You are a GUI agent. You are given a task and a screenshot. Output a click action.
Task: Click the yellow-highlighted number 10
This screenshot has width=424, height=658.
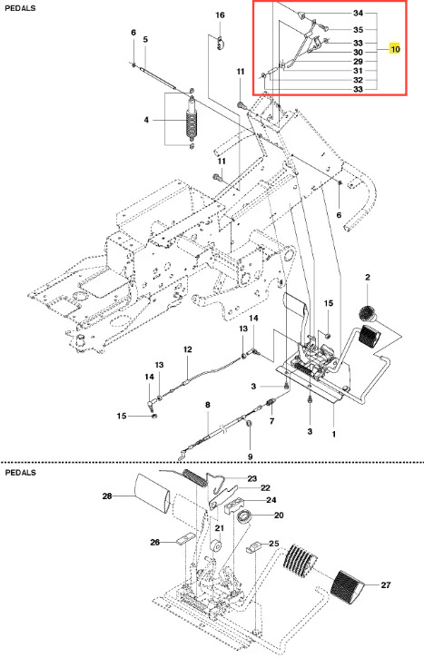[395, 49]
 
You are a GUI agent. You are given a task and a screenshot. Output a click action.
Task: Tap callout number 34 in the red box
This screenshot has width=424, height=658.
[358, 13]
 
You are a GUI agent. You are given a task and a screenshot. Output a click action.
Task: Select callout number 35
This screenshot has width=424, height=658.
[358, 30]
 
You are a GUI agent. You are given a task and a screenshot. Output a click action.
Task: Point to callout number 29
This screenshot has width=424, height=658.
[358, 62]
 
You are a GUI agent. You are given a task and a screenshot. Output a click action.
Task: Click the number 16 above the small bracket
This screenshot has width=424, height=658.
[220, 15]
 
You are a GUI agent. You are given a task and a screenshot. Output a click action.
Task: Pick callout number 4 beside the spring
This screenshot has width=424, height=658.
[146, 120]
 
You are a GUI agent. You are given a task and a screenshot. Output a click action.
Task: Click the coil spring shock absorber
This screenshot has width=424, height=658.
[192, 119]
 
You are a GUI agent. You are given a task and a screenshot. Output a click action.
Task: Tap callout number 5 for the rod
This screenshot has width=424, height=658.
[145, 40]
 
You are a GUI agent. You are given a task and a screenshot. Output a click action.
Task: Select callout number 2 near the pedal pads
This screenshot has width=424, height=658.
[368, 278]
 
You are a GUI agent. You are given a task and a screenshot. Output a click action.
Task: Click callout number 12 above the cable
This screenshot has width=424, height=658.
[187, 349]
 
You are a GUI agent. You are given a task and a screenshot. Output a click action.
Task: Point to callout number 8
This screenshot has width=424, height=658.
[207, 405]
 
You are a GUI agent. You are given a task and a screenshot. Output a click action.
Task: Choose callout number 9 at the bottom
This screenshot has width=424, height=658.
[251, 457]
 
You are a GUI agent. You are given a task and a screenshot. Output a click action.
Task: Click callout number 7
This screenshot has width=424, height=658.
[272, 421]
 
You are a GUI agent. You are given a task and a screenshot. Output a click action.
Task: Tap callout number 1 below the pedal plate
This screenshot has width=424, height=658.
[334, 434]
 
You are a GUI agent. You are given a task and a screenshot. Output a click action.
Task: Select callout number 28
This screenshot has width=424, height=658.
[107, 496]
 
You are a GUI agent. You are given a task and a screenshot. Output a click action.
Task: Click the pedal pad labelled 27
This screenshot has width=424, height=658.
[349, 584]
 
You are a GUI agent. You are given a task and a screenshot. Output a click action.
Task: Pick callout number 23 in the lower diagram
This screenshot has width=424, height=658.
[251, 479]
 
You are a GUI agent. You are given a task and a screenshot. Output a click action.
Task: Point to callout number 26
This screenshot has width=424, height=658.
[155, 543]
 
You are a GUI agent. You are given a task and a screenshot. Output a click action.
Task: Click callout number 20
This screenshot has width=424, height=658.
[279, 516]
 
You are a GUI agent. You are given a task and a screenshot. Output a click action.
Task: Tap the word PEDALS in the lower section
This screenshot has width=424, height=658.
[20, 473]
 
